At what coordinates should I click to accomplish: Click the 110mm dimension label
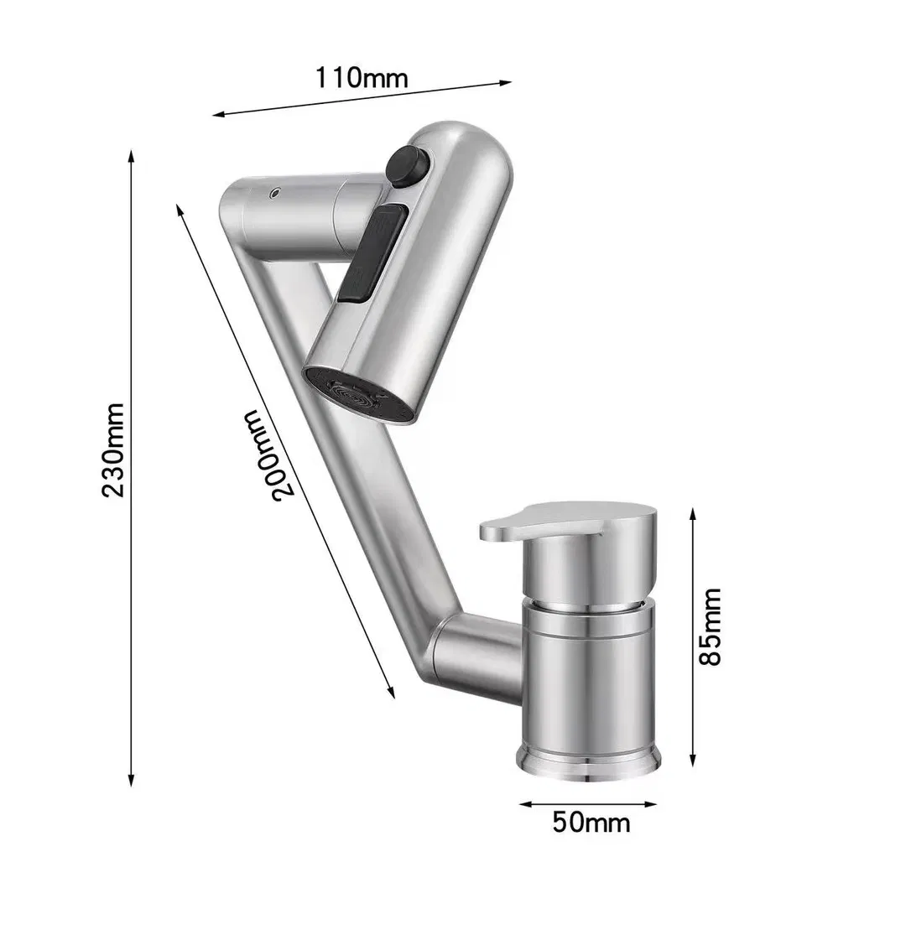(362, 78)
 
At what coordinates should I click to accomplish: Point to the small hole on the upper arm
(273, 195)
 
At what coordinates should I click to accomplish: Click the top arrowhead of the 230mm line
(131, 156)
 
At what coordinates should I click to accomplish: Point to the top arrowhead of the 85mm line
(693, 512)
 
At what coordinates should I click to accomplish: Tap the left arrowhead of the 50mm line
(523, 804)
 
